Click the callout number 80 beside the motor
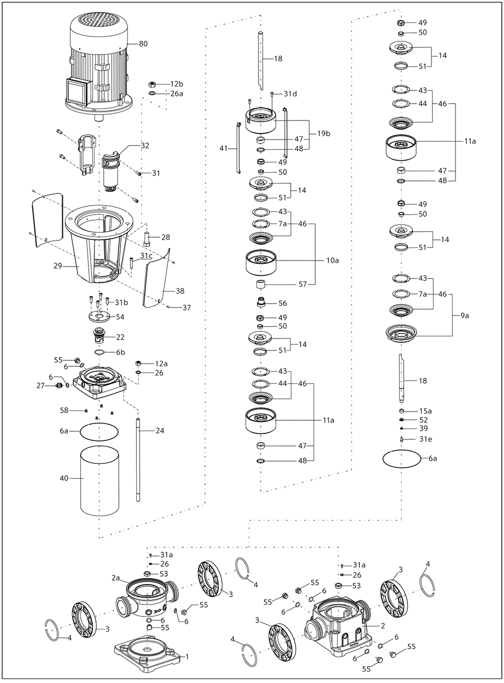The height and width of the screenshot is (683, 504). (143, 44)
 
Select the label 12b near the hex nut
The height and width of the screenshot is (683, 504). (176, 84)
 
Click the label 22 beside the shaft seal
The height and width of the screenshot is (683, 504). (120, 337)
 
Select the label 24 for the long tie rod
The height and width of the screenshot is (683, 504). (160, 430)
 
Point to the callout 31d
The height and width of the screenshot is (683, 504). (290, 94)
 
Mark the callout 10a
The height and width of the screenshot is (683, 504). (333, 261)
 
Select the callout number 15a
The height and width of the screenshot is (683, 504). (425, 410)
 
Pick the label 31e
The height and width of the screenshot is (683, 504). (425, 439)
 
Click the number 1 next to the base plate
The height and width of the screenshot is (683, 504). (187, 657)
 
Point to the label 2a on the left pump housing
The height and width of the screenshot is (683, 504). (116, 577)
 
